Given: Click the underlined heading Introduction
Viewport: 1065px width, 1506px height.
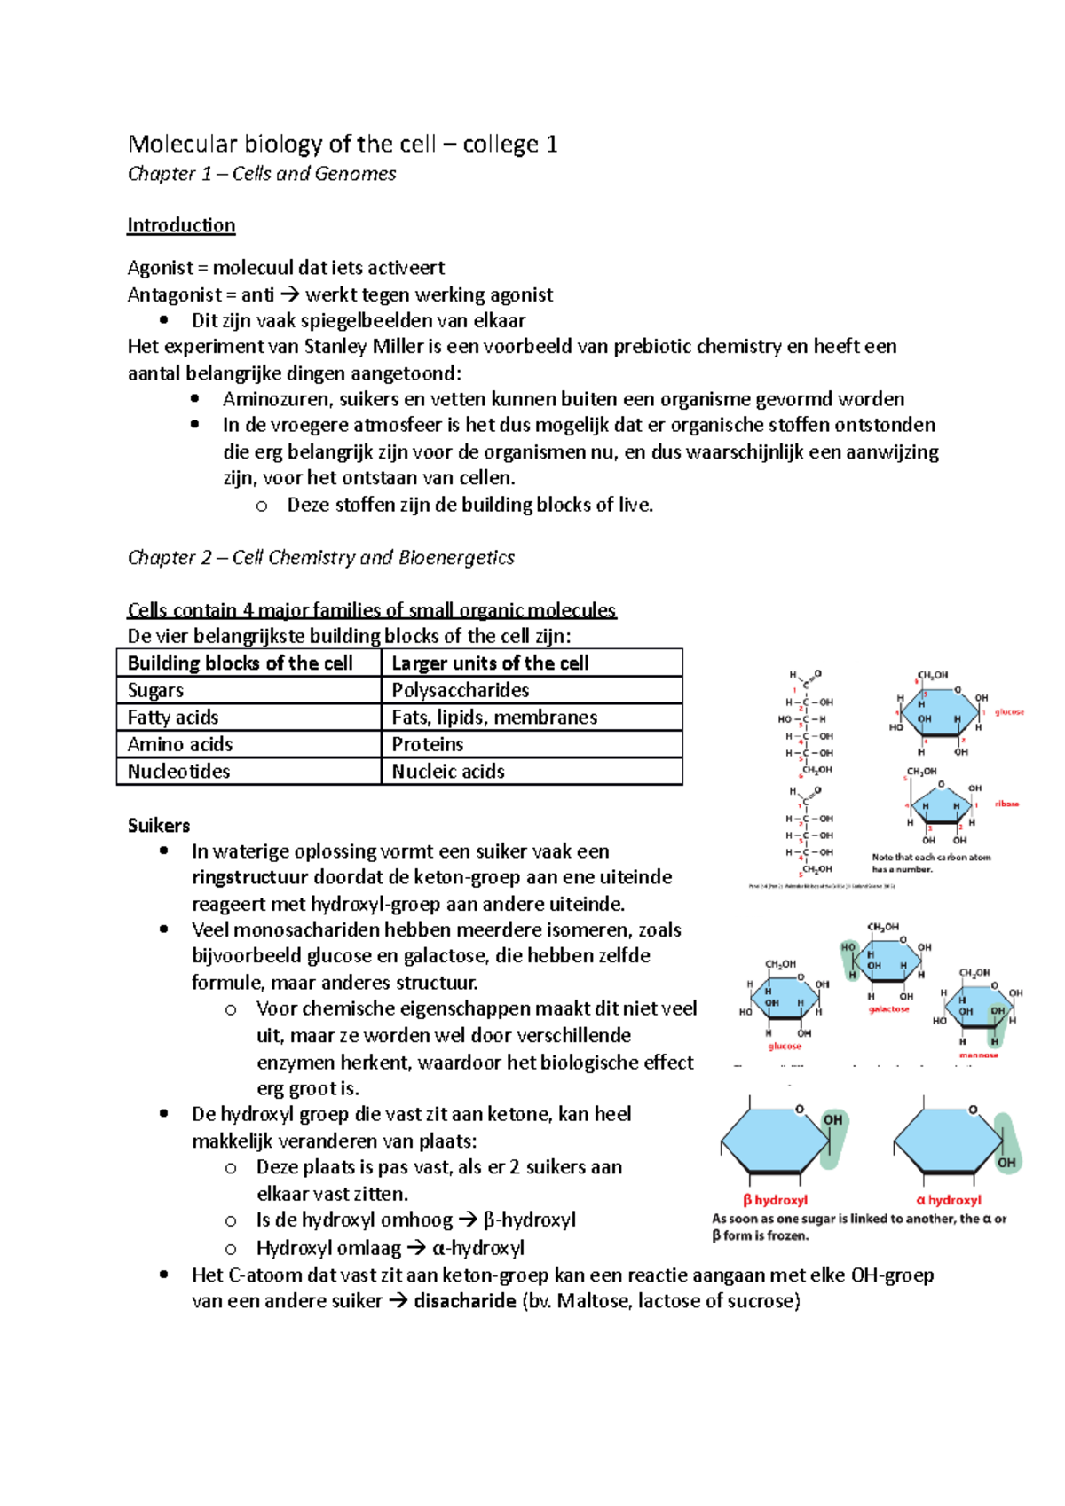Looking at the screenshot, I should (181, 225).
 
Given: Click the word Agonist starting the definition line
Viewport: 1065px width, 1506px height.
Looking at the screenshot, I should (160, 268).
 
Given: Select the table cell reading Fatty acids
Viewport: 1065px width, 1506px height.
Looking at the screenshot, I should (173, 718).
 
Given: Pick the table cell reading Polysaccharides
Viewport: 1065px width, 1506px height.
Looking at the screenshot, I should (461, 691).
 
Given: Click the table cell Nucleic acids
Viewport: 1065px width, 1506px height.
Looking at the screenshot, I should (448, 772).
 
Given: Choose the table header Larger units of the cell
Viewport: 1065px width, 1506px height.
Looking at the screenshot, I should (490, 663).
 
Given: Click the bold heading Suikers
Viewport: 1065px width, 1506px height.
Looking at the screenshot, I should (159, 826).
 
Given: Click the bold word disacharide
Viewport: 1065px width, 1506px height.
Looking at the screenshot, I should (465, 1302).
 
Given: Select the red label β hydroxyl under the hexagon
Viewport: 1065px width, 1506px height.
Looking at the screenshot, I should (775, 1201).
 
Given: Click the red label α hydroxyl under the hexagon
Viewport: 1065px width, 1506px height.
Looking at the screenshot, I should (949, 1201).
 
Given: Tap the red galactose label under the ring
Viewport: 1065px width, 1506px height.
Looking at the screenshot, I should (888, 1009).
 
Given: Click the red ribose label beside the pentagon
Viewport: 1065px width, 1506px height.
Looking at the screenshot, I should (1006, 804).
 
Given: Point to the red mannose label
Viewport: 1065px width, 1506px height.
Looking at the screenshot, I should (978, 1055).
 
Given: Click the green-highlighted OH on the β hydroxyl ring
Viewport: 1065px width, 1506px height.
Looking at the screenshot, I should (832, 1120).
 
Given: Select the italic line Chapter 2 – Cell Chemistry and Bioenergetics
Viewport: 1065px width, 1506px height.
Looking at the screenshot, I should (321, 558).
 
